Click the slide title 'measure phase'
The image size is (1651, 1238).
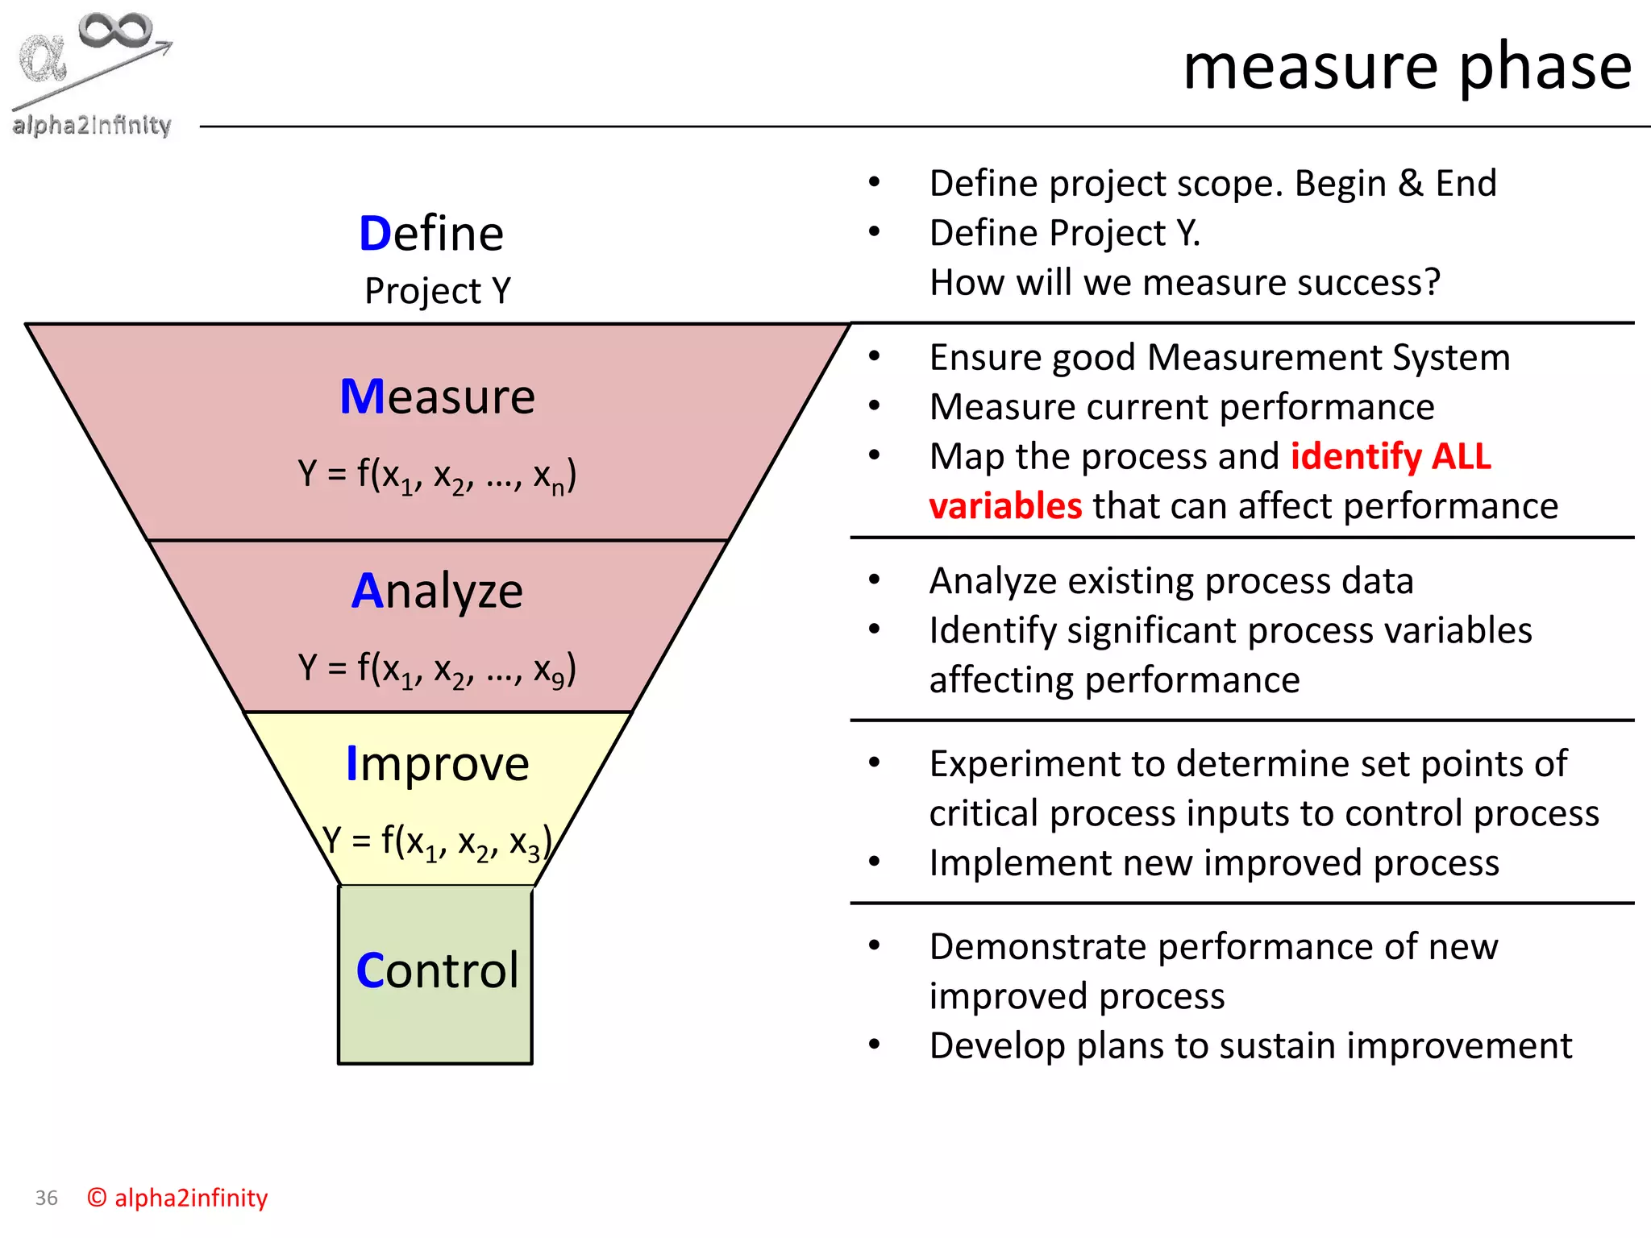1407,67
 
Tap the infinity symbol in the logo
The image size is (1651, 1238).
115,31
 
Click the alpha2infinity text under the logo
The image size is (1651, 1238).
92,125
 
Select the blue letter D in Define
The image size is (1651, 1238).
375,235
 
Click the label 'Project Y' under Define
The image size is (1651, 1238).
438,291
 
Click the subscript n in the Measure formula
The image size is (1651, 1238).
557,488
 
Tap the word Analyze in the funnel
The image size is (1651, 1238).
438,591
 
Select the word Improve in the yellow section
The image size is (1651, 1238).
438,763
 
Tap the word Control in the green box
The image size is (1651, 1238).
438,970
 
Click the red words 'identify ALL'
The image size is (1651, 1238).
1391,456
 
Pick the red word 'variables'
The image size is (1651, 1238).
1005,506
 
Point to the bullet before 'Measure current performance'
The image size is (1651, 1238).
875,406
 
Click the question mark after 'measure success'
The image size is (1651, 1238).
1431,282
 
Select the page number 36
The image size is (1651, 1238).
47,1199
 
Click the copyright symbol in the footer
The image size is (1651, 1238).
97,1198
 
